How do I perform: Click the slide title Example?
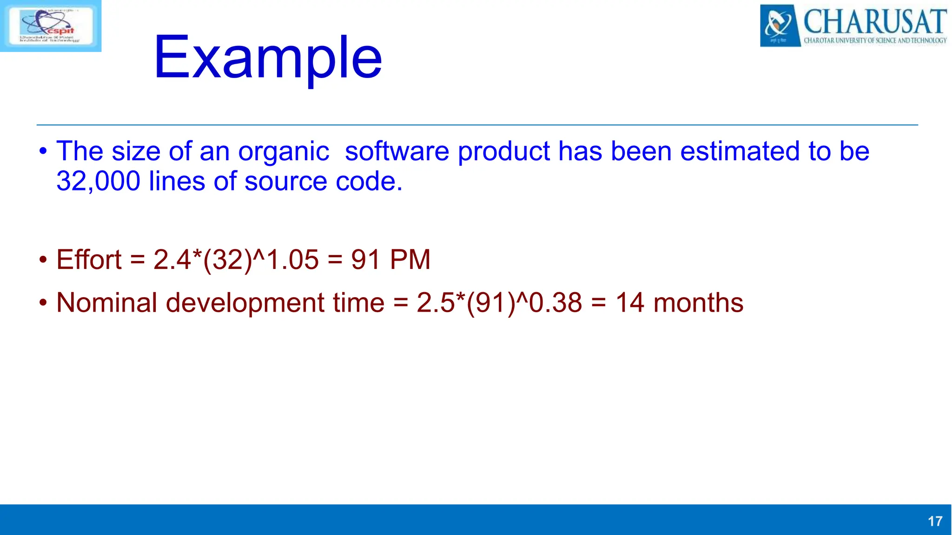coord(268,58)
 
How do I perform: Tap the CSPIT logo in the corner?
coord(50,26)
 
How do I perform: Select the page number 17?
coord(935,521)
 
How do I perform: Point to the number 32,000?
coord(98,181)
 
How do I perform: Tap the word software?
coord(397,151)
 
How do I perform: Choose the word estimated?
coord(740,151)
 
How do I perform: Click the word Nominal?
coord(106,303)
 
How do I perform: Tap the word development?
coord(245,303)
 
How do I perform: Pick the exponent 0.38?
coord(555,303)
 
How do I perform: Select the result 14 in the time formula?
coord(630,303)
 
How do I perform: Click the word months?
coord(698,303)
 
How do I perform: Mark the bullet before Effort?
coord(43,260)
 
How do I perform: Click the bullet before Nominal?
coord(43,303)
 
